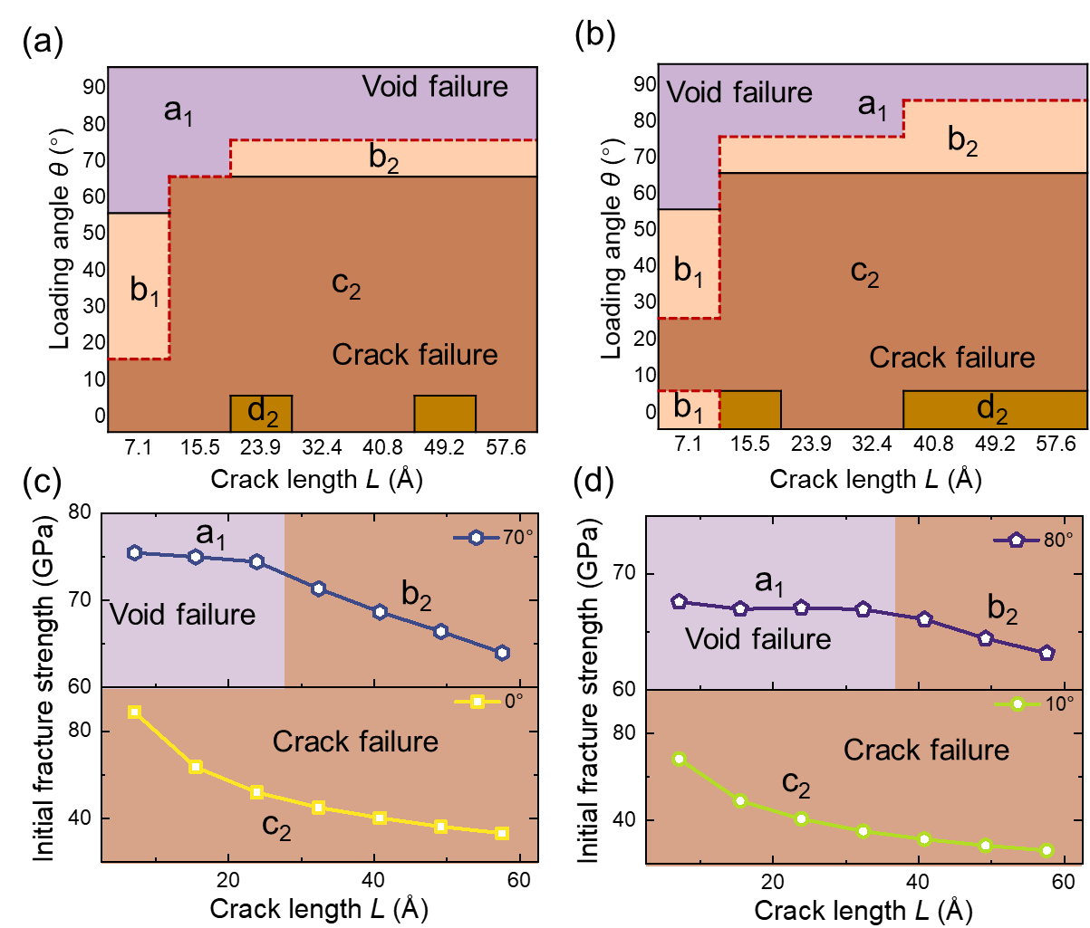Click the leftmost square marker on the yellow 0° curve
pos(134,713)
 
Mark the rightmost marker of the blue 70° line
pos(502,653)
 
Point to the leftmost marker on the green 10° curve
pos(679,759)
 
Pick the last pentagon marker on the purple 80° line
pos(1047,653)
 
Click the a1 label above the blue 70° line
pos(211,535)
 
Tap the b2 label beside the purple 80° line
pos(1002,611)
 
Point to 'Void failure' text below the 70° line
pos(183,615)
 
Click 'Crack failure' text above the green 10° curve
pos(926,750)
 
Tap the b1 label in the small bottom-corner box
pos(688,410)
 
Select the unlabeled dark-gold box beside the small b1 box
pos(750,409)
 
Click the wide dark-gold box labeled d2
pos(995,409)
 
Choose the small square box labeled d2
pos(261,413)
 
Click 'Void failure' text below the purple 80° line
pos(758,639)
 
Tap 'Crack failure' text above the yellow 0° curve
pos(355,742)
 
